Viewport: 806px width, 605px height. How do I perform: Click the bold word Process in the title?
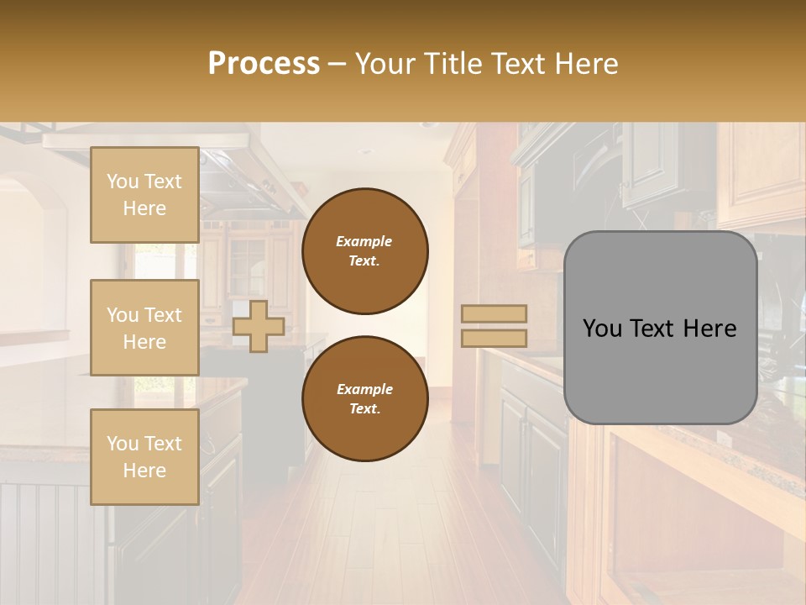pos(264,63)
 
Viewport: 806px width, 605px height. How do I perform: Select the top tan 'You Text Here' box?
pos(144,195)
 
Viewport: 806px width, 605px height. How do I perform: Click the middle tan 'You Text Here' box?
pos(144,328)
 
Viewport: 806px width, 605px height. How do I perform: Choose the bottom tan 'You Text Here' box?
pos(144,457)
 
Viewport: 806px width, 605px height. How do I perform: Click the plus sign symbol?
pos(259,326)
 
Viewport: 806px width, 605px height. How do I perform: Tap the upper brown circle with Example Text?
pos(365,251)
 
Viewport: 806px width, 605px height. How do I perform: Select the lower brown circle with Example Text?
pos(365,399)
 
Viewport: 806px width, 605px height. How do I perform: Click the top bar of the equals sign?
pos(494,314)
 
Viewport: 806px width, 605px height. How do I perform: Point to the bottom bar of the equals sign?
pos(494,339)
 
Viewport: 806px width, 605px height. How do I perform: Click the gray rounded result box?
pos(660,328)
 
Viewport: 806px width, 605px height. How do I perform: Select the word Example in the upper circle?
pos(364,241)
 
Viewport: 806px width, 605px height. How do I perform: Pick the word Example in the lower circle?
pos(364,389)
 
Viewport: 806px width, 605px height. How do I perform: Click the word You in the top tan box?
pos(123,181)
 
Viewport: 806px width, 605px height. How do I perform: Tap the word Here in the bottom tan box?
pos(144,471)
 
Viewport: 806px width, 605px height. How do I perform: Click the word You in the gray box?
pos(602,329)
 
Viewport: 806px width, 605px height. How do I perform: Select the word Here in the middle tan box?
pos(144,341)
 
